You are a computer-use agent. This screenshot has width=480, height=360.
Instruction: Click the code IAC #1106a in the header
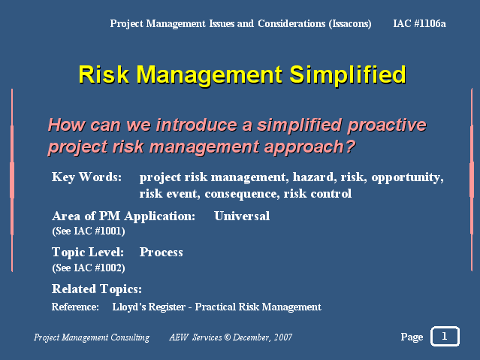pyautogui.click(x=419, y=23)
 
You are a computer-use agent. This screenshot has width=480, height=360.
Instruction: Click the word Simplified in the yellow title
pyautogui.click(x=348, y=74)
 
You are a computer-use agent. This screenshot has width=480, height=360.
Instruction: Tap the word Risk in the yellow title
pyautogui.click(x=104, y=74)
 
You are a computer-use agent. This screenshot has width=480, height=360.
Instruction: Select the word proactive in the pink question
pyautogui.click(x=387, y=125)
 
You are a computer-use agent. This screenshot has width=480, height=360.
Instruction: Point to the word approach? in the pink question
pyautogui.click(x=309, y=147)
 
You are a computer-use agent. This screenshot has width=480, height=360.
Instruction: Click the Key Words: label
pyautogui.click(x=86, y=177)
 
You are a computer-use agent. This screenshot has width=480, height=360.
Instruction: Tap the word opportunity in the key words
pyautogui.click(x=407, y=177)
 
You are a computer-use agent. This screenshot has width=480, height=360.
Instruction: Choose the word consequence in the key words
pyautogui.click(x=242, y=194)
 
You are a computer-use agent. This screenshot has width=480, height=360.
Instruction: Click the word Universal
pyautogui.click(x=242, y=216)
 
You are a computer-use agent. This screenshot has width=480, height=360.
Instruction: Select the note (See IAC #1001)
pyautogui.click(x=89, y=231)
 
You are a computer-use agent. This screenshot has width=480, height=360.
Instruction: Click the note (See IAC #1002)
pyautogui.click(x=89, y=268)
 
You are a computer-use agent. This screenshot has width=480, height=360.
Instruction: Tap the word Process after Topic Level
pyautogui.click(x=161, y=253)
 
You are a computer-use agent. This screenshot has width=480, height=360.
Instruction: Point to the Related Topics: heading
pyautogui.click(x=97, y=289)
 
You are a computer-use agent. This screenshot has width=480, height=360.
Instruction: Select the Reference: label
pyautogui.click(x=75, y=307)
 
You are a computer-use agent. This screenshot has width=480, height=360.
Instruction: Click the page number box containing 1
pyautogui.click(x=445, y=337)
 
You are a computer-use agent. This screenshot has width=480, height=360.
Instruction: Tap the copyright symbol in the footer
pyautogui.click(x=227, y=337)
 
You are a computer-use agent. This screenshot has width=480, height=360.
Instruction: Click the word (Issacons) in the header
pyautogui.click(x=350, y=23)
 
